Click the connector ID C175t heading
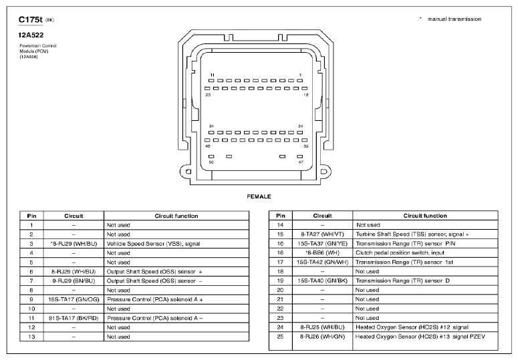[x=31, y=19]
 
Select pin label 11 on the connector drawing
[x=212, y=75]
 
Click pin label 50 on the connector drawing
[x=212, y=162]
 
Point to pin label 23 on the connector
[x=208, y=96]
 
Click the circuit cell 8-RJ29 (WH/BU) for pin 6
[x=74, y=273]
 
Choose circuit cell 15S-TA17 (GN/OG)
[x=74, y=300]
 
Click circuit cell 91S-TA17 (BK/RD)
[x=74, y=319]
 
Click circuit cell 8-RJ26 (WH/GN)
[x=322, y=337]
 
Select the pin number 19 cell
[x=281, y=281]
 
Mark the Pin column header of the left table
[x=31, y=216]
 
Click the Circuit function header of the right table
[x=425, y=216]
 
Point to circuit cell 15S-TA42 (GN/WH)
[x=322, y=262]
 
